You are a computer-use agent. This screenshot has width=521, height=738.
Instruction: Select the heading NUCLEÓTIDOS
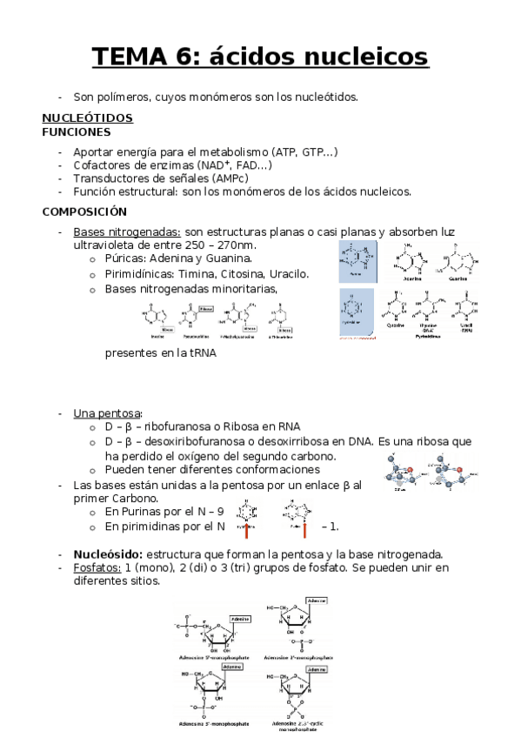pos(87,117)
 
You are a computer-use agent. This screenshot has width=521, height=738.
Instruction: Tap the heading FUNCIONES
pos(77,132)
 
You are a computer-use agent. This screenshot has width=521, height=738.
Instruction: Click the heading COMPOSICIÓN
pos(84,211)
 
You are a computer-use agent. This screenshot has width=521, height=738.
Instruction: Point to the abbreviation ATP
pos(286,152)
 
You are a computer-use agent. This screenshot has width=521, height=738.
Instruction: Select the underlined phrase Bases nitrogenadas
pos(127,231)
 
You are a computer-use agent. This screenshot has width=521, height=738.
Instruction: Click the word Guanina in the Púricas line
pos(229,258)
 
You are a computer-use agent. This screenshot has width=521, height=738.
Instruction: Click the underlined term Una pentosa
pos(107,413)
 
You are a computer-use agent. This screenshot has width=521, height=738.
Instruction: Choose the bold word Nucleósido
pos(108,554)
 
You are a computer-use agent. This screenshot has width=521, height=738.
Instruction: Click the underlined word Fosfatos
pos(97,568)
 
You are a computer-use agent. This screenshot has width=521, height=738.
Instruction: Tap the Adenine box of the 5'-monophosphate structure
pos(240,619)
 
